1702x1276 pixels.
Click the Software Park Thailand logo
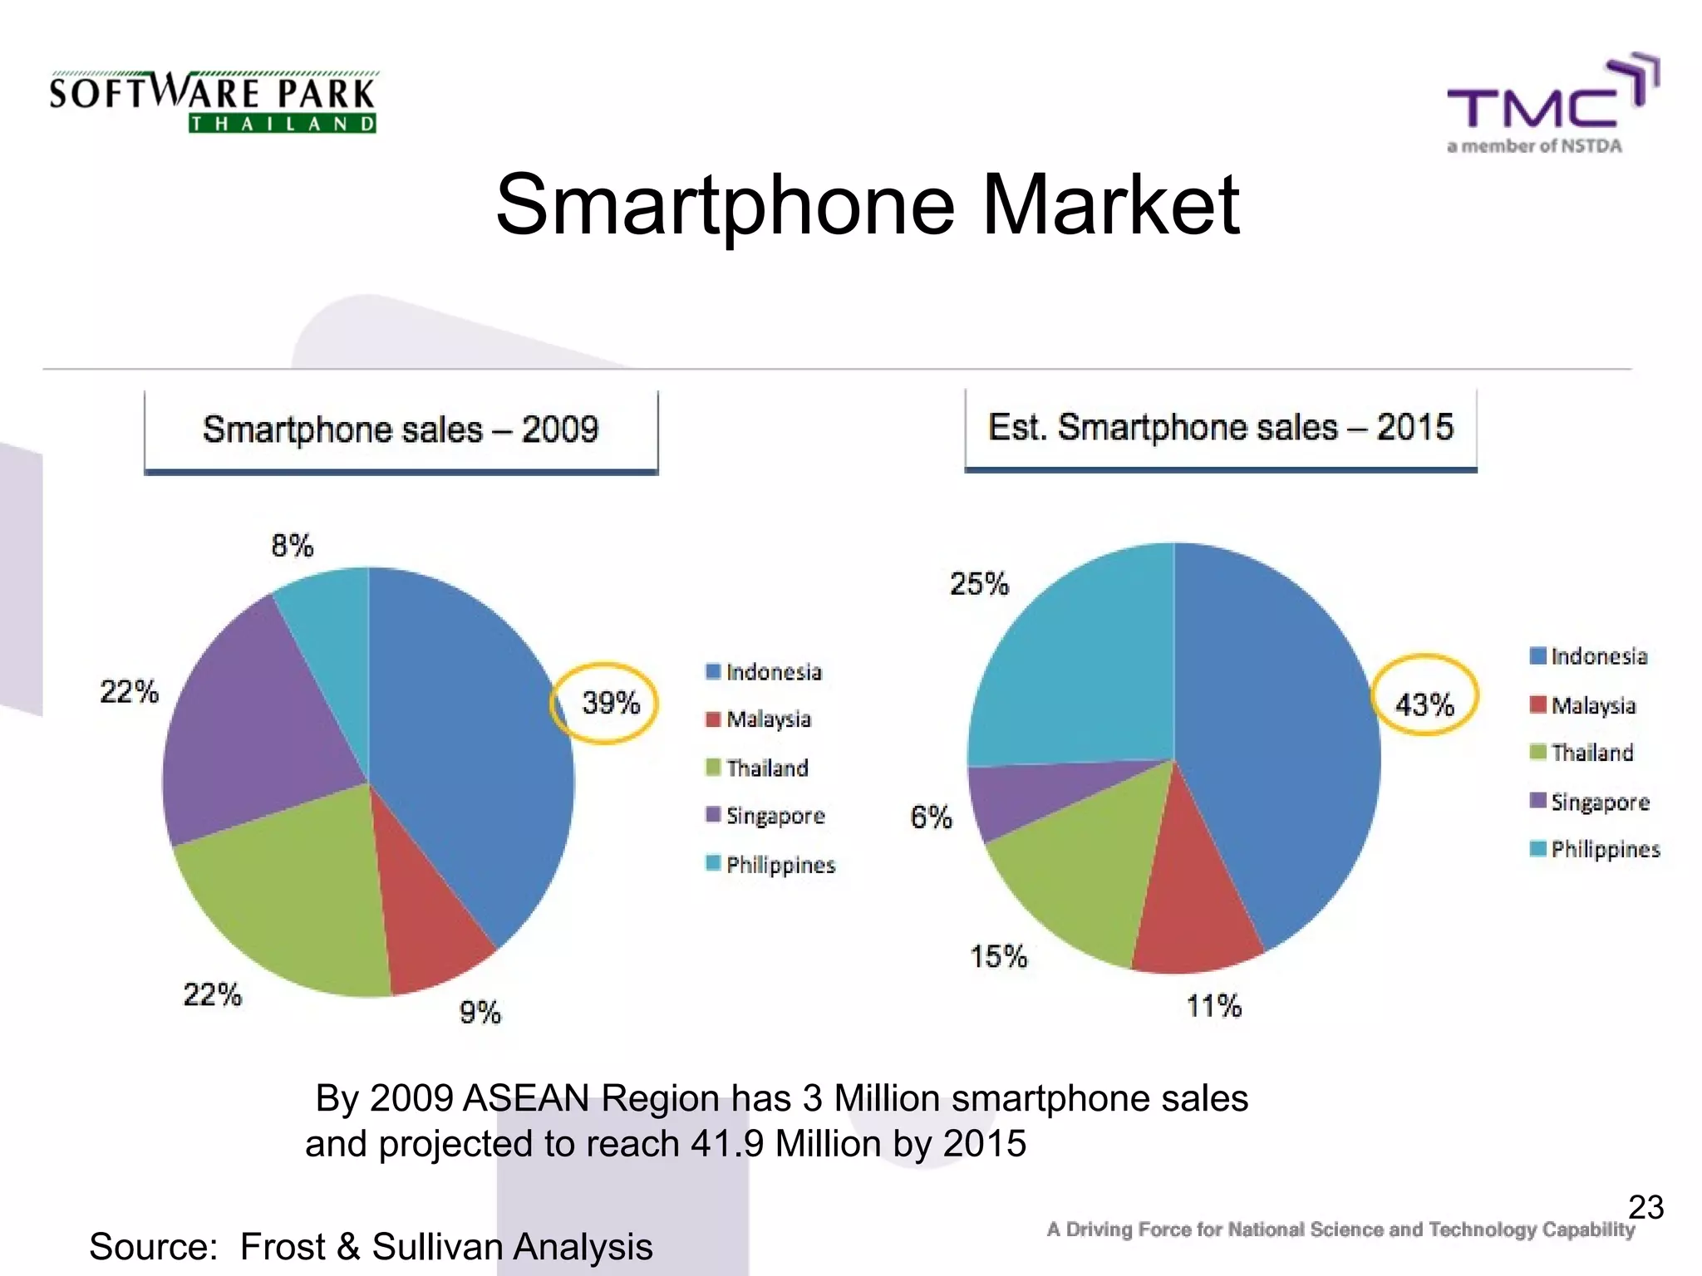coord(213,102)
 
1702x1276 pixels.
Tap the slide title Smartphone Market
coord(867,204)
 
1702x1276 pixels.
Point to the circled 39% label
coord(610,703)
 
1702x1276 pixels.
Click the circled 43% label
coord(1424,704)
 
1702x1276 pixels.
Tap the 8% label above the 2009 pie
coord(292,546)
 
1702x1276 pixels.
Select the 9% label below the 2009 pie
coord(480,1013)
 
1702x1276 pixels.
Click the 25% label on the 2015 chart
coord(979,584)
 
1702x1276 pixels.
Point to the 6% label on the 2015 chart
coord(931,817)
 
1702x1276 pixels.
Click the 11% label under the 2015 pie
coord(1213,1007)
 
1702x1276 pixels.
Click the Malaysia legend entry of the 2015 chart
coord(1592,705)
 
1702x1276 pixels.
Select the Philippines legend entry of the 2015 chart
coord(1604,849)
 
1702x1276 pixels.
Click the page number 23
coord(1645,1207)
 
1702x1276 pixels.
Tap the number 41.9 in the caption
coord(726,1144)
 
